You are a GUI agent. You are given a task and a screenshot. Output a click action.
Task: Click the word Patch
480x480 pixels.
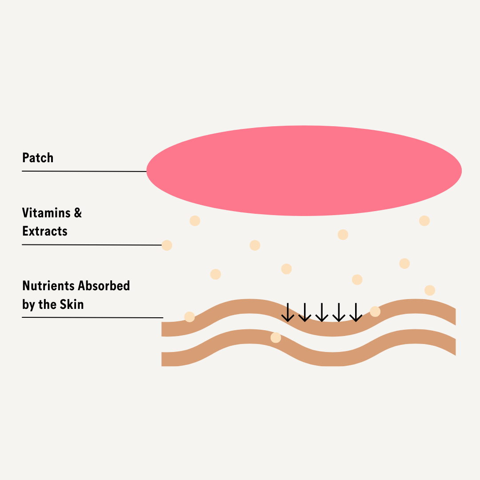click(x=38, y=158)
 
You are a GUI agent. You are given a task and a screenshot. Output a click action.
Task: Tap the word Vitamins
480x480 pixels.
click(x=46, y=213)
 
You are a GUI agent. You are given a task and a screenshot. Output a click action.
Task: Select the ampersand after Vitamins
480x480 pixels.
click(x=78, y=213)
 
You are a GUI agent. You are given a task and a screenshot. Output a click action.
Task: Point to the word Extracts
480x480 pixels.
click(x=45, y=231)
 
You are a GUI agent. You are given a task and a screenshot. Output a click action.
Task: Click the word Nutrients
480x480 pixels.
click(x=48, y=286)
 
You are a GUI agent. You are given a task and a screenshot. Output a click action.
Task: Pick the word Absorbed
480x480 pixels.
click(x=104, y=286)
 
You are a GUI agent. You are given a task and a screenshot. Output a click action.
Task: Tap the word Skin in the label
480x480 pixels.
click(x=72, y=304)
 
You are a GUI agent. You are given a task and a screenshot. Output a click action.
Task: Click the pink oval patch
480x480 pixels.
click(x=304, y=171)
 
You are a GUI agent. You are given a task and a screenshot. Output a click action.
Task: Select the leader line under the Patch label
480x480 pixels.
click(x=84, y=171)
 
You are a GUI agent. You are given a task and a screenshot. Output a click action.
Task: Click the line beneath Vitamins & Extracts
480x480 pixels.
click(x=92, y=245)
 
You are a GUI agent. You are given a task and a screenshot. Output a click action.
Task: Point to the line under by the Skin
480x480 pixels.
click(x=92, y=317)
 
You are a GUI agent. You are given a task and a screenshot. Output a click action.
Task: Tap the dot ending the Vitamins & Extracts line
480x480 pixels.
click(x=167, y=245)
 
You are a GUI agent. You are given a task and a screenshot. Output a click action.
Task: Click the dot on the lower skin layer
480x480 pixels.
click(x=276, y=338)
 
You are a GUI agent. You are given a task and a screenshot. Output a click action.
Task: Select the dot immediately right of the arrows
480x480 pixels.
click(x=375, y=311)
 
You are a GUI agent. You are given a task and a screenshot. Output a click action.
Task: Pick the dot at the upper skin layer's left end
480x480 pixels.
click(x=189, y=317)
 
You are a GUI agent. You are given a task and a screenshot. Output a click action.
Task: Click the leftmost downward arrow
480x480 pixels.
click(x=288, y=312)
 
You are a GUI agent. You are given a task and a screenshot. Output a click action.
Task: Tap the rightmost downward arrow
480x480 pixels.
click(x=356, y=312)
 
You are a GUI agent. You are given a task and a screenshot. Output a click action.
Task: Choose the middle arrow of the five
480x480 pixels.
click(x=322, y=312)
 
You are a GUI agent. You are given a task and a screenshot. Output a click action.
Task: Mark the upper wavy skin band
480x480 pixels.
click(x=333, y=329)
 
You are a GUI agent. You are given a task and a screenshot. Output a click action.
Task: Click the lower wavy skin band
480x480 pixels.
click(x=333, y=359)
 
